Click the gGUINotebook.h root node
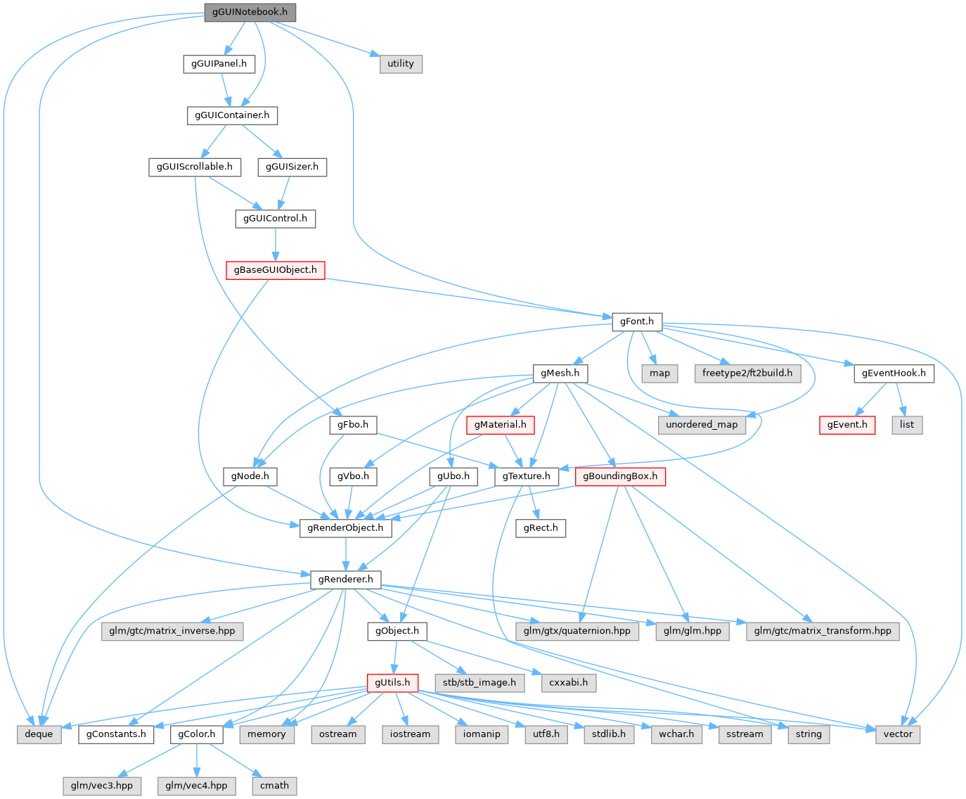[250, 12]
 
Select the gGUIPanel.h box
[219, 63]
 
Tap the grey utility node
[401, 63]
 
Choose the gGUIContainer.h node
[232, 115]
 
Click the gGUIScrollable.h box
[195, 167]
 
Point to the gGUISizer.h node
[292, 167]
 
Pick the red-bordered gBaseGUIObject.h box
[275, 269]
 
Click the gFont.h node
[636, 321]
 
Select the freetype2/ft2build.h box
[747, 373]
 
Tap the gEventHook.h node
[894, 373]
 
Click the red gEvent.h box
[847, 425]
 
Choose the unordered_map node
[702, 425]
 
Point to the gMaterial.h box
[500, 425]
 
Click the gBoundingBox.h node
[620, 476]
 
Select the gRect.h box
[541, 528]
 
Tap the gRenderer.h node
[345, 580]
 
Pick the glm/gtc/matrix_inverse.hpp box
[172, 631]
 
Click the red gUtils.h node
[392, 682]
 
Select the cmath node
[274, 785]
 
